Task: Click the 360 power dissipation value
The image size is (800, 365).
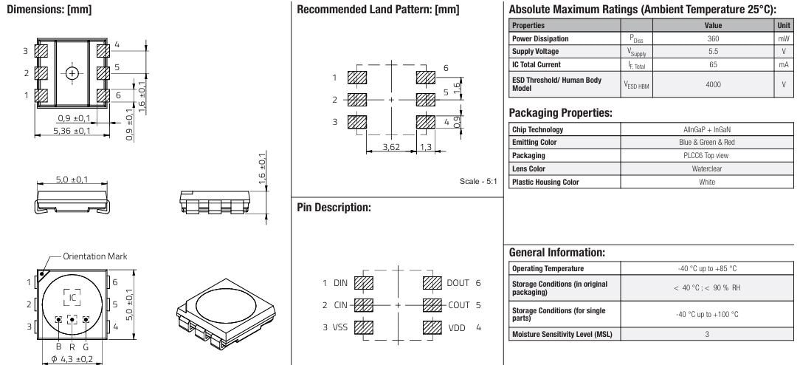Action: (713, 38)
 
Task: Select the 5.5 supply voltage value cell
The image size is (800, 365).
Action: (713, 52)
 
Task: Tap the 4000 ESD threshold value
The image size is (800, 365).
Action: (713, 84)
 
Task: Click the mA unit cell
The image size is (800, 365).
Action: (783, 65)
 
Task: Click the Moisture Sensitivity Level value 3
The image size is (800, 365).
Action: (708, 335)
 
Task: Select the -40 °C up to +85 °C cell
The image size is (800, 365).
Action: (708, 268)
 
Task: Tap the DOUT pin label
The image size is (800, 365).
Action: (458, 283)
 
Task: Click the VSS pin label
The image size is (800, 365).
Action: (341, 326)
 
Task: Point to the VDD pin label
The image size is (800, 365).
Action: (458, 326)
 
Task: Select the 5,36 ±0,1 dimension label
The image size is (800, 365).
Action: (72, 131)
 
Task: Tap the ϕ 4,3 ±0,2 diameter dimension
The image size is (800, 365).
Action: (72, 360)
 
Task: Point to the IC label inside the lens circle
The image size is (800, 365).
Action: (72, 297)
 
